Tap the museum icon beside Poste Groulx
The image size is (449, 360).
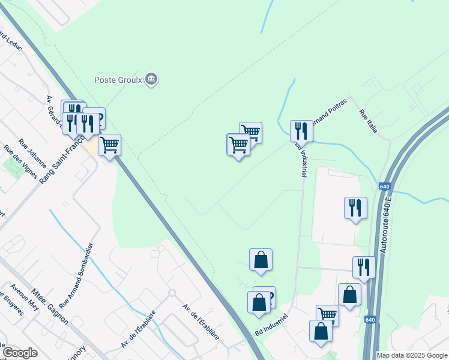pyautogui.click(x=151, y=79)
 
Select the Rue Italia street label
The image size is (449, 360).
pyautogui.click(x=368, y=121)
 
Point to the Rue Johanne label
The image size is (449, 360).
pyautogui.click(x=32, y=153)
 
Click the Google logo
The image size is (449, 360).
pyautogui.click(x=20, y=353)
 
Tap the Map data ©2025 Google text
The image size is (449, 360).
pyautogui.click(x=411, y=355)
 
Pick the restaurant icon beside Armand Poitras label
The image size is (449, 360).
pyautogui.click(x=301, y=131)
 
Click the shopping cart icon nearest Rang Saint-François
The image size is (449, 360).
pyautogui.click(x=109, y=145)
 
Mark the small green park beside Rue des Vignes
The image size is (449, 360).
pyautogui.click(x=13, y=166)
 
